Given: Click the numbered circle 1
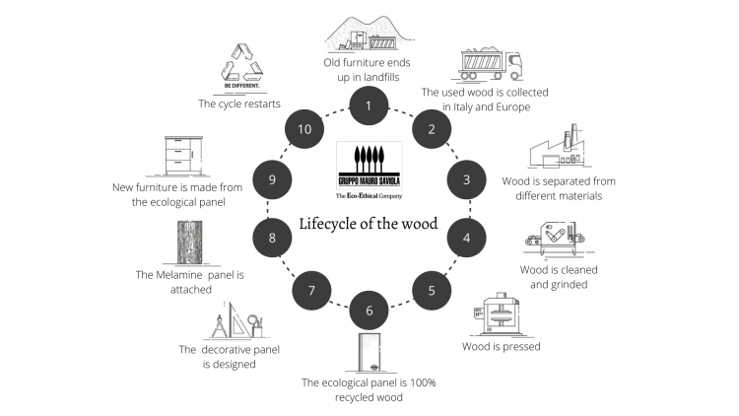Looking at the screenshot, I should pos(368,104).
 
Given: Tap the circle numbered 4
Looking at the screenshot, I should pos(466,237).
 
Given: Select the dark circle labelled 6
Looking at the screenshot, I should pos(369,311).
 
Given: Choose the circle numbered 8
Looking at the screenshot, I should pos(270,237).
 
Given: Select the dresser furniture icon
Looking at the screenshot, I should pos(183,156).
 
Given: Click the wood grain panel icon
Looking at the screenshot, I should pos(190,243).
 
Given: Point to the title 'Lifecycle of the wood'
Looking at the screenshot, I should pos(369,223).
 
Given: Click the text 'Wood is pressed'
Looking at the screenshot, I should pos(502,347).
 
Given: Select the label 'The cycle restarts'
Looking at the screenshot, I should pos(238,102).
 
